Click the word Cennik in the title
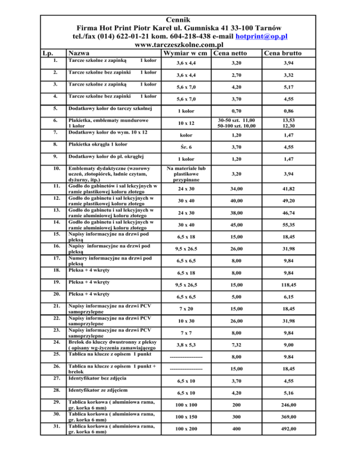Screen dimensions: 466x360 (180, 18)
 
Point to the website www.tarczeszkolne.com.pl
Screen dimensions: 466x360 (180, 45)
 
